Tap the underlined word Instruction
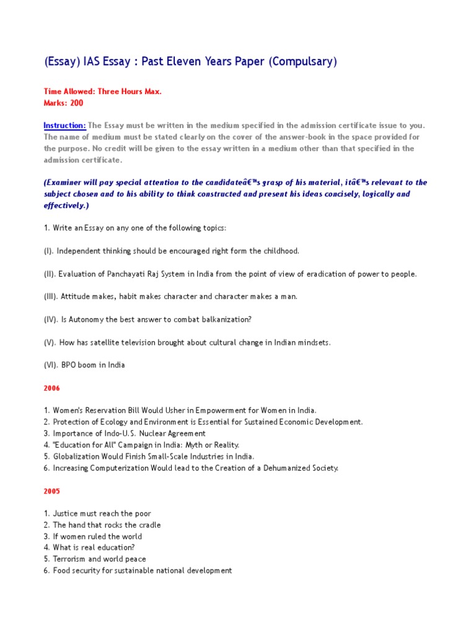[x=64, y=126]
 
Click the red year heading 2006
[x=52, y=388]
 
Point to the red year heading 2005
[x=52, y=491]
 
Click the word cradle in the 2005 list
[x=148, y=525]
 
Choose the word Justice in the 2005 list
[x=65, y=514]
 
